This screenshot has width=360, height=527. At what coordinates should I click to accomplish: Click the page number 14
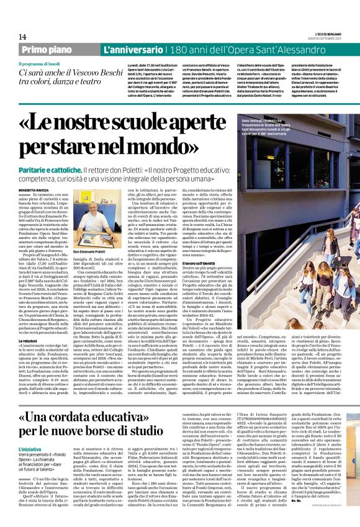coord(22,37)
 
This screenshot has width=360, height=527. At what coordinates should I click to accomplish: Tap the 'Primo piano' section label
coord(47,48)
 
